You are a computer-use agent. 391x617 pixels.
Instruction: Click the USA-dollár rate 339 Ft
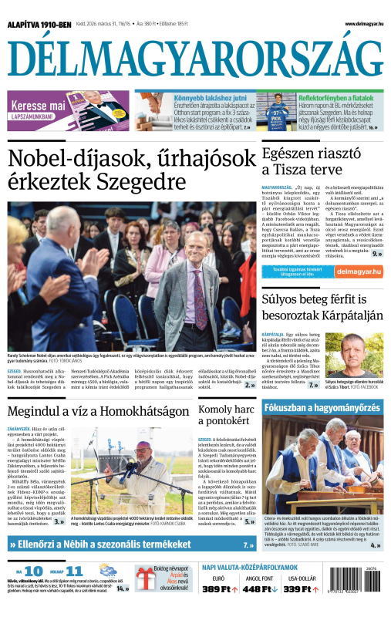coord(298,610)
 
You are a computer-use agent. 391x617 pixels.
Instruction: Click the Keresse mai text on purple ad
coord(37,106)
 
